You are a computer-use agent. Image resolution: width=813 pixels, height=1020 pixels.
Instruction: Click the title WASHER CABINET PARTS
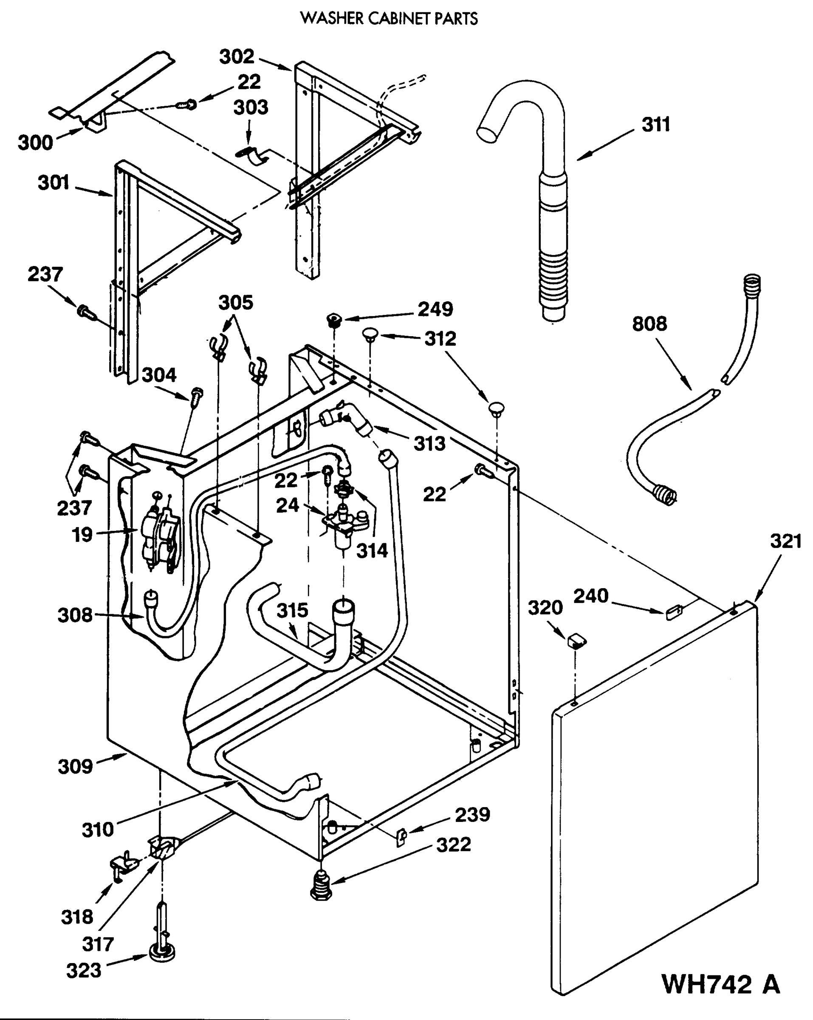tap(389, 19)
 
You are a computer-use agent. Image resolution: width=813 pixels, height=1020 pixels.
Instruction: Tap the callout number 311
tap(655, 125)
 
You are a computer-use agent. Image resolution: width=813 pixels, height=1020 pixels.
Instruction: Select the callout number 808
tap(649, 324)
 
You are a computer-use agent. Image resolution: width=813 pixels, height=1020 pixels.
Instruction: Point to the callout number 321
tap(785, 541)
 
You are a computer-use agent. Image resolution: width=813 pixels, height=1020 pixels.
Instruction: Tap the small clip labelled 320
tap(576, 642)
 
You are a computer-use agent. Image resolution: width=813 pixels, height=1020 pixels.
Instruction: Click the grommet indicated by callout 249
tap(335, 320)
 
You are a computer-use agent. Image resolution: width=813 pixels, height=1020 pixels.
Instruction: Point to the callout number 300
tap(36, 142)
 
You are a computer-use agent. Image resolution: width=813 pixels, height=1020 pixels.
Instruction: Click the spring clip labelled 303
tap(253, 156)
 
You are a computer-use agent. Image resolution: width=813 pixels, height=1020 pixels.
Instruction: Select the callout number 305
tap(235, 302)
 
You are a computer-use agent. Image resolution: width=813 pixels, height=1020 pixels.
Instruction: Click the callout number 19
tap(82, 535)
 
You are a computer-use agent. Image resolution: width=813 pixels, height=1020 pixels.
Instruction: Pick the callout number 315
tap(292, 610)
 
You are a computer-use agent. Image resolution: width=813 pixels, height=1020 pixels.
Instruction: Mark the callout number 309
tap(75, 766)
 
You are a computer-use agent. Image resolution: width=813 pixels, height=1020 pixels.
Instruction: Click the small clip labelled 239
tap(401, 838)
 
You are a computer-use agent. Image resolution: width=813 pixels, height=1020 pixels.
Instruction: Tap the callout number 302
tap(237, 57)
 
